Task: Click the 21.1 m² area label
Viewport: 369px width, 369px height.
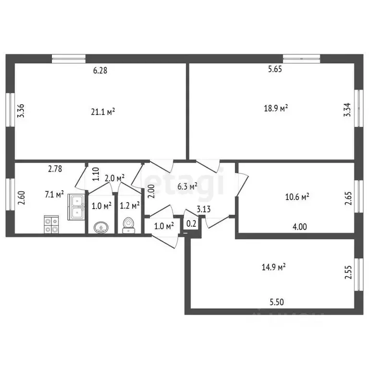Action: (x=103, y=111)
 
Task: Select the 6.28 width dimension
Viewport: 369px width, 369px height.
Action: (x=100, y=71)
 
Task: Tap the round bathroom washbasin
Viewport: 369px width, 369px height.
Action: (x=100, y=226)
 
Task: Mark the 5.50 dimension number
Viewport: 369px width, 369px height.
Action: (x=277, y=302)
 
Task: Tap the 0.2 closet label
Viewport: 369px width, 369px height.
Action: (x=191, y=223)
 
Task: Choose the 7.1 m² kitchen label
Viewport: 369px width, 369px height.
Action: (x=54, y=195)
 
